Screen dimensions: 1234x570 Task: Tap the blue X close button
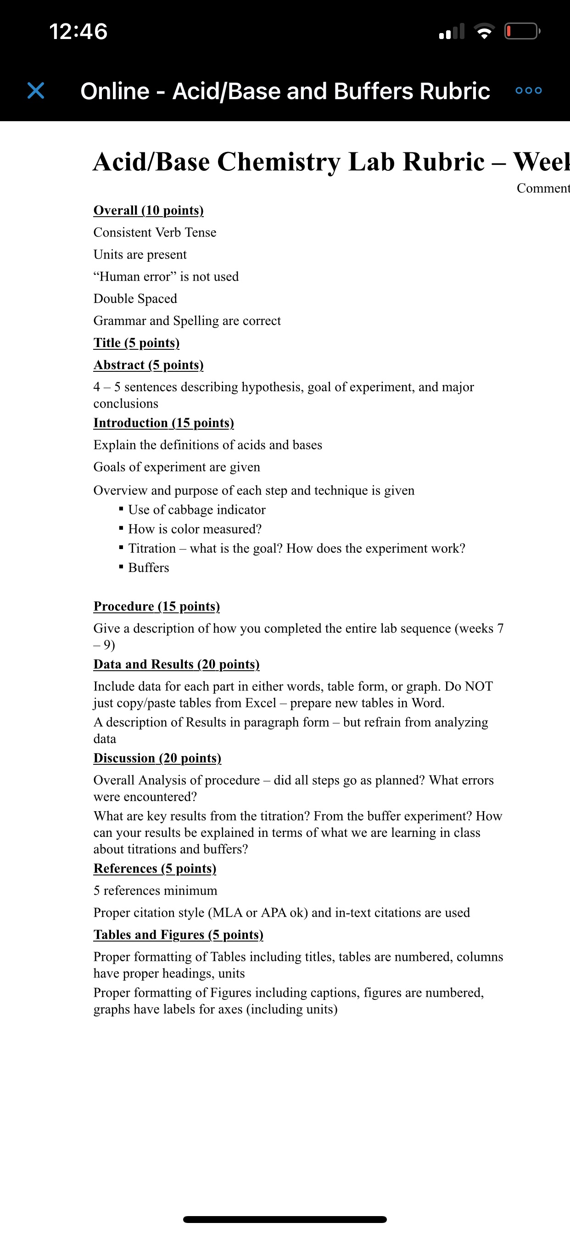(x=36, y=90)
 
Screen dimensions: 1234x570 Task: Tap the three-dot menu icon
(x=528, y=90)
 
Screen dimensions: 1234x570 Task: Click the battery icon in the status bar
(x=522, y=32)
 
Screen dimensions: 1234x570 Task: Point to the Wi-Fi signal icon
(x=484, y=32)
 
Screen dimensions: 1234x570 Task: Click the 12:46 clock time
(x=78, y=32)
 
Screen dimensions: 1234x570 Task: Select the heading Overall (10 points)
(x=149, y=210)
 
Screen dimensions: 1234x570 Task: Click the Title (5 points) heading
(x=136, y=343)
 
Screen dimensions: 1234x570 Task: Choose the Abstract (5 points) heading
(x=149, y=365)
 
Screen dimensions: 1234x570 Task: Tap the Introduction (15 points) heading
(x=164, y=423)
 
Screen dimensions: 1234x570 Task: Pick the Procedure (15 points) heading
(x=156, y=606)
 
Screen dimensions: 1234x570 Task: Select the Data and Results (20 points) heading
(x=176, y=664)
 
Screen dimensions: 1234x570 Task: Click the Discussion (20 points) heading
(x=157, y=758)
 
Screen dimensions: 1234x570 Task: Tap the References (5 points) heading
(x=155, y=869)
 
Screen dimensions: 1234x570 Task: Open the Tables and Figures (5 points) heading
(x=178, y=935)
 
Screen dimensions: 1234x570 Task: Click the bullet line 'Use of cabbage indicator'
(x=196, y=510)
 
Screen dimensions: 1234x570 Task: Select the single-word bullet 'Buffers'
(x=149, y=568)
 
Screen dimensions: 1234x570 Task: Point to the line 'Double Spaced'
(x=135, y=299)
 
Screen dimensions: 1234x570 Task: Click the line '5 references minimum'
(x=155, y=891)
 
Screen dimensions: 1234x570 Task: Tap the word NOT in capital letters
(x=479, y=686)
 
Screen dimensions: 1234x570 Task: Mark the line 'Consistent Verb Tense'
(x=155, y=233)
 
